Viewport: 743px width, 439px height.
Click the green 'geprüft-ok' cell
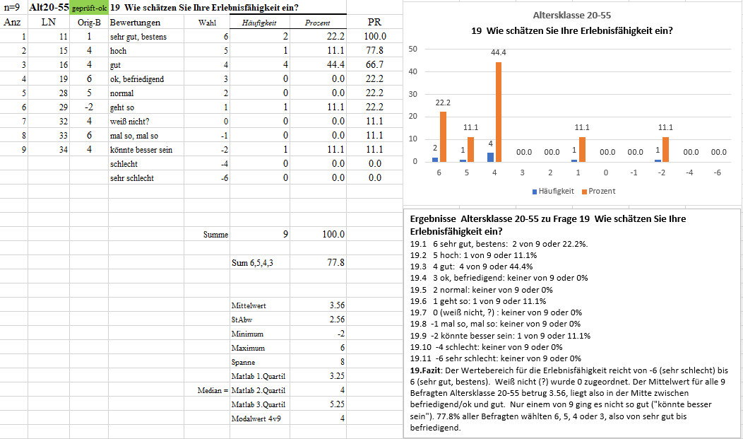tap(88, 8)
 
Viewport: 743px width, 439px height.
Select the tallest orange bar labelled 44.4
tap(499, 112)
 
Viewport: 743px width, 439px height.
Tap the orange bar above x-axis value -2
tap(665, 149)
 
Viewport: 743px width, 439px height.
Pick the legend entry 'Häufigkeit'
tap(553, 191)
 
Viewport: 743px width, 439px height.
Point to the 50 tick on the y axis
tap(412, 49)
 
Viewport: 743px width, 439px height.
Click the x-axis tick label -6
tap(718, 172)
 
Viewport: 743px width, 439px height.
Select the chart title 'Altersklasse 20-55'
tap(572, 15)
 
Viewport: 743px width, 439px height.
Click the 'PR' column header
tap(374, 23)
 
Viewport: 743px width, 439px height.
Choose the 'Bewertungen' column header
tap(135, 23)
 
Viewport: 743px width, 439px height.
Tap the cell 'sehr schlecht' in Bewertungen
tap(132, 177)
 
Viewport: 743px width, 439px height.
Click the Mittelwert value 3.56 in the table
tap(337, 305)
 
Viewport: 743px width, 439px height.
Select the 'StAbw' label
tap(242, 320)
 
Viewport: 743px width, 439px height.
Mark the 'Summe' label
tap(215, 234)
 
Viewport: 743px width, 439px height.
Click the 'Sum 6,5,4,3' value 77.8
tap(336, 262)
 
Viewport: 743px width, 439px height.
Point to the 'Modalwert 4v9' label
tap(256, 418)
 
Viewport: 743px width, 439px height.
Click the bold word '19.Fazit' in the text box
tap(425, 370)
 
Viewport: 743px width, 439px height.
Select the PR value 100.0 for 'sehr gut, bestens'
tap(375, 36)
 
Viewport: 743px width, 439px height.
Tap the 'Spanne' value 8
tap(342, 362)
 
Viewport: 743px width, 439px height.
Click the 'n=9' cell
tap(11, 8)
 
